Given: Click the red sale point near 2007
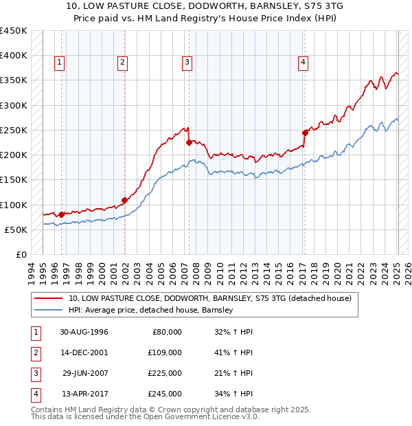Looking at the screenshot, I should (189, 143).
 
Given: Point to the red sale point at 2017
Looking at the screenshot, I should (305, 133).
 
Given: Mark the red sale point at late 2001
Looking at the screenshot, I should (124, 201).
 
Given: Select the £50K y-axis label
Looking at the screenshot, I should (15, 229).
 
